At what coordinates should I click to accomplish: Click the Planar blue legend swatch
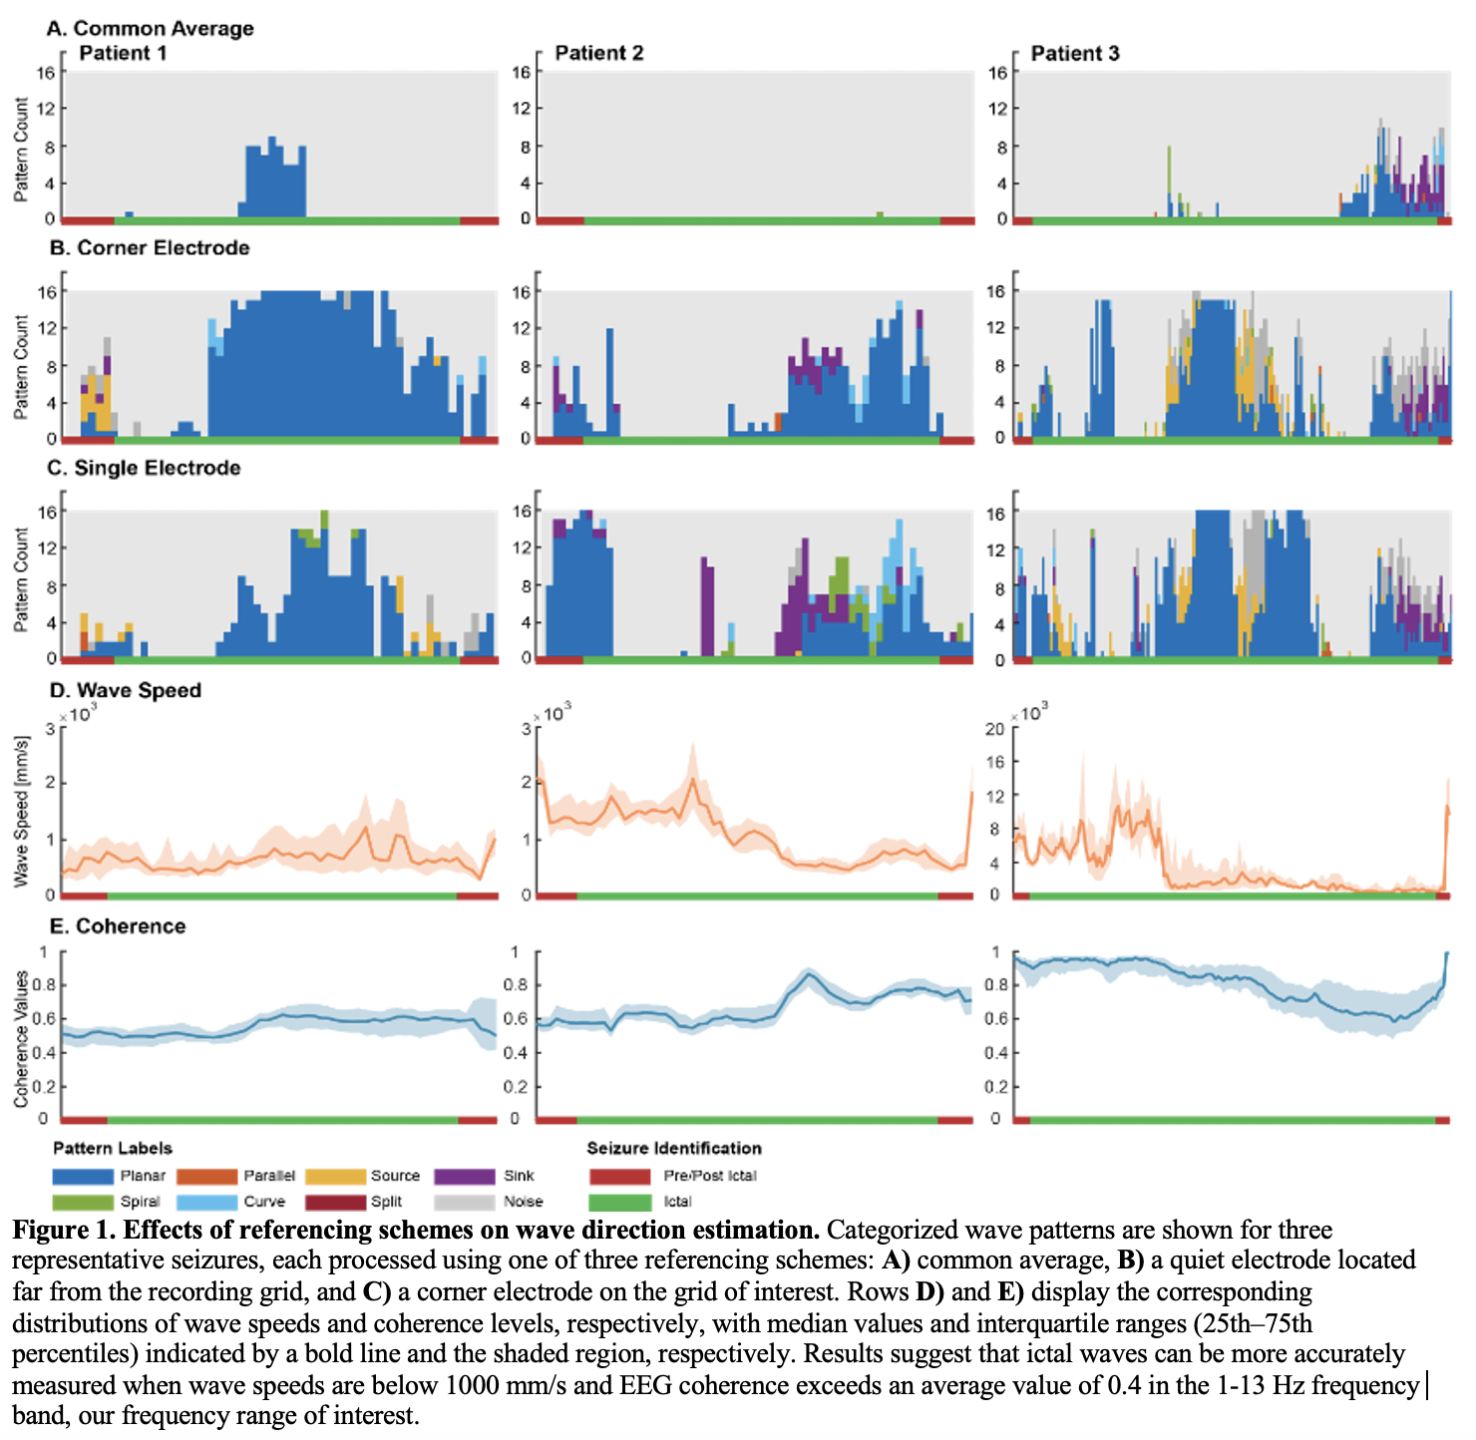(83, 1177)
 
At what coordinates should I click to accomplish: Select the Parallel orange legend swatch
(207, 1177)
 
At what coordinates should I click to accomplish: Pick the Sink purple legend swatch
(465, 1177)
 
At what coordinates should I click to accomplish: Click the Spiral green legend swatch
(83, 1203)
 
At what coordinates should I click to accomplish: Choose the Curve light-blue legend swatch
(207, 1203)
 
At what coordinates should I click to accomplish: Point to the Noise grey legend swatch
(465, 1203)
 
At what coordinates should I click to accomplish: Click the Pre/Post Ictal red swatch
(619, 1177)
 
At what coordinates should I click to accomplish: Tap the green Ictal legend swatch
(619, 1203)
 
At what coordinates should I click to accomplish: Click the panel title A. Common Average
(151, 29)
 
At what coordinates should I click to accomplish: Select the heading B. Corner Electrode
(150, 248)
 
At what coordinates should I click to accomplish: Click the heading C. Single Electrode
(145, 469)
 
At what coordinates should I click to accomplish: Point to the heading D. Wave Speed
(126, 691)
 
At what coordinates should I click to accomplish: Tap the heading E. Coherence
(118, 926)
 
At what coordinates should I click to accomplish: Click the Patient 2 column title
(599, 54)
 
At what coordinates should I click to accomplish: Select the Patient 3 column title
(1075, 54)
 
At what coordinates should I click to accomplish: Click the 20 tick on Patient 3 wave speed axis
(994, 729)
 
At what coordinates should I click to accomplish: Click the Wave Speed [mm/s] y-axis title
(22, 812)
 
